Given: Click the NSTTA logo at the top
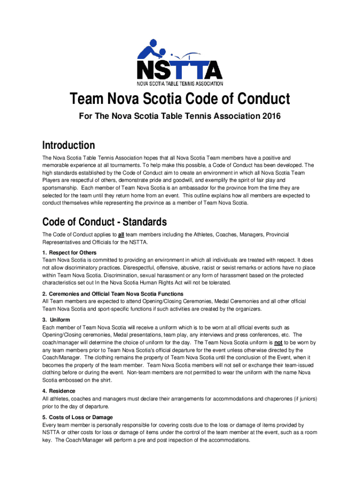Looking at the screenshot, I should coord(180,61).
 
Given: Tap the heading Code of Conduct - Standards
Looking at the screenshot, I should coord(104,221).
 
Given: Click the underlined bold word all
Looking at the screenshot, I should coord(120,234).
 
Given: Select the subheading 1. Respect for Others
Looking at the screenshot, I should coord(69,253).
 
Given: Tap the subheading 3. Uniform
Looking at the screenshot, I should coord(57,320).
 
